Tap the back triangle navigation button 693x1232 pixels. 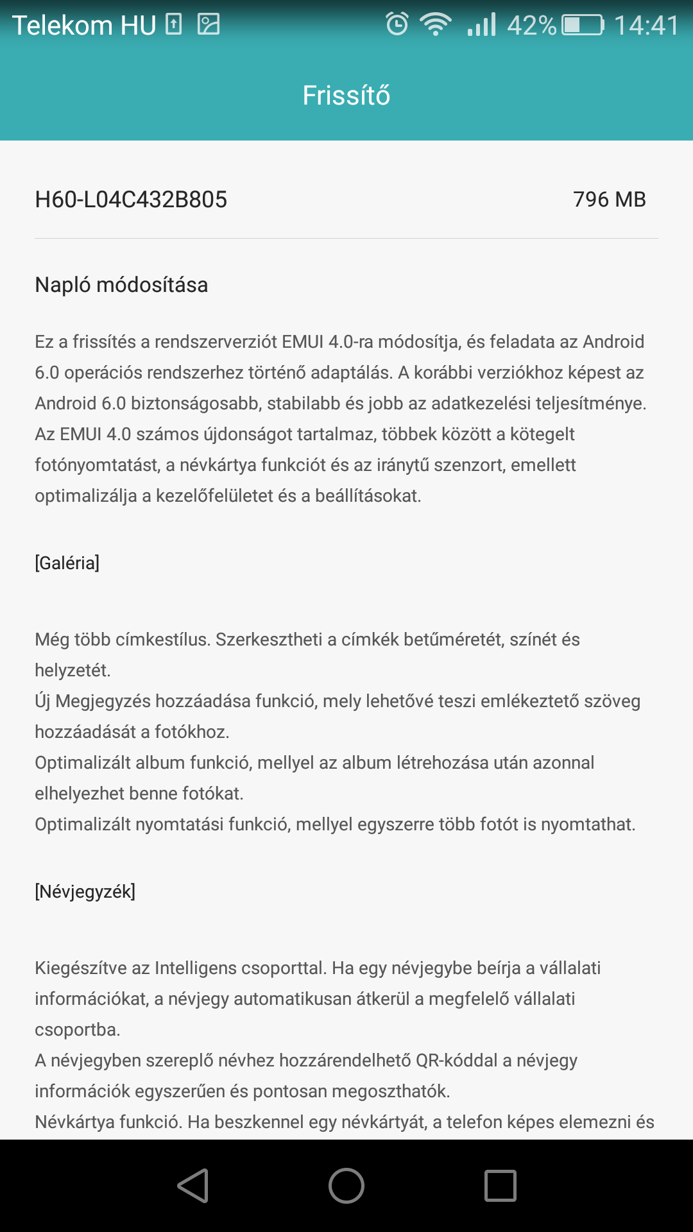pyautogui.click(x=193, y=1185)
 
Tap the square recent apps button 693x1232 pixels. pyautogui.click(x=500, y=1185)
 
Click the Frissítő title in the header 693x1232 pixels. pyautogui.click(x=346, y=96)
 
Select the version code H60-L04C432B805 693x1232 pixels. pyautogui.click(x=131, y=200)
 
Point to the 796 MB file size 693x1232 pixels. pyautogui.click(x=609, y=200)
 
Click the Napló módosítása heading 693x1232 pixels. pyautogui.click(x=121, y=285)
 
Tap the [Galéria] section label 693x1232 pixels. pyautogui.click(x=67, y=563)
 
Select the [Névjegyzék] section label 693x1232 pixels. pyautogui.click(x=85, y=891)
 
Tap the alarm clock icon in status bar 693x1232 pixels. pyautogui.click(x=397, y=24)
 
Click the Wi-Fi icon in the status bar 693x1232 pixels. pyautogui.click(x=435, y=24)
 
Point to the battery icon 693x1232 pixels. pyautogui.click(x=583, y=25)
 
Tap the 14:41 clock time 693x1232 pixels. pyautogui.click(x=646, y=26)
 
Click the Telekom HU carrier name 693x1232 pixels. pyautogui.click(x=84, y=26)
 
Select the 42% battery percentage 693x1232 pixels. pyautogui.click(x=531, y=26)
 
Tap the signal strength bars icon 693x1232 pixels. pyautogui.click(x=482, y=24)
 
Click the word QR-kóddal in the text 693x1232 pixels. pyautogui.click(x=456, y=1060)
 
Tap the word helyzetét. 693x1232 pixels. pyautogui.click(x=73, y=670)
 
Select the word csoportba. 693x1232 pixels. pyautogui.click(x=77, y=1029)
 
